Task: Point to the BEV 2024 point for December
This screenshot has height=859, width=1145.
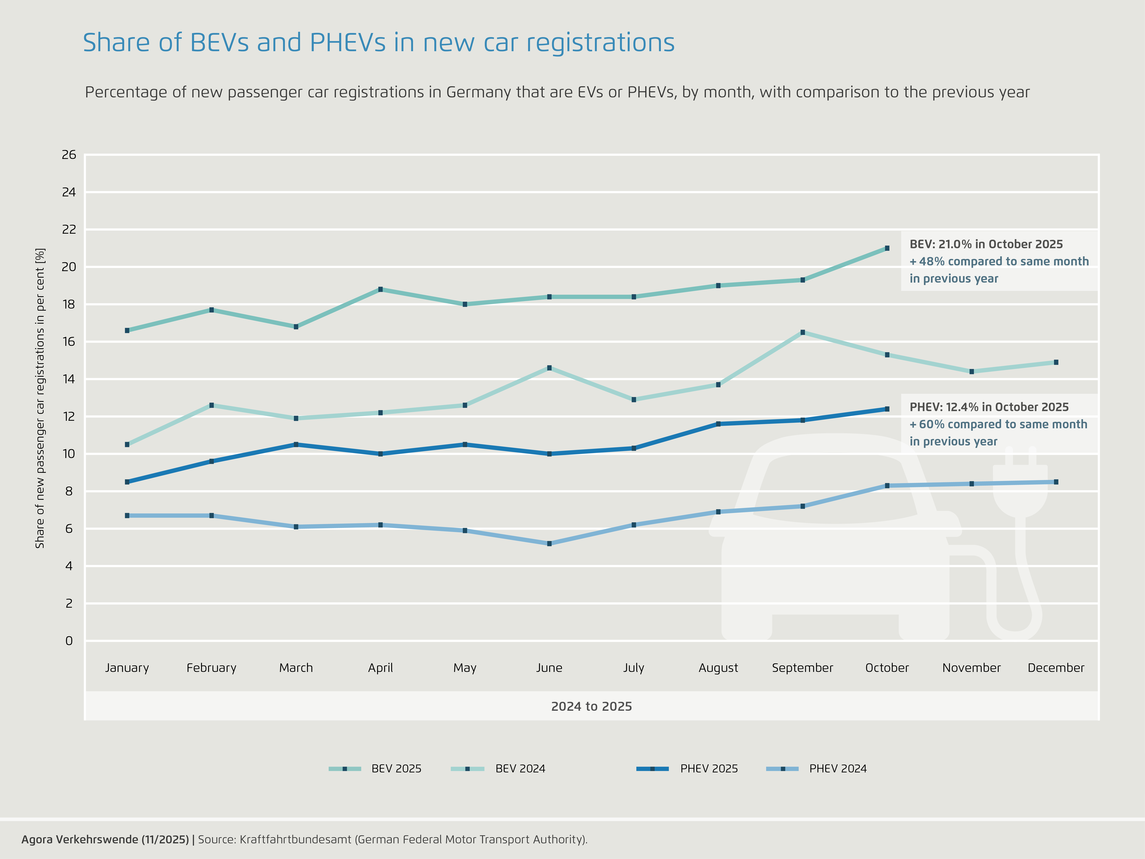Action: [x=1056, y=362]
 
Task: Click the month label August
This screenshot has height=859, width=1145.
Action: [x=718, y=668]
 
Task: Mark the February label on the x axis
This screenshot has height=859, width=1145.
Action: [x=211, y=668]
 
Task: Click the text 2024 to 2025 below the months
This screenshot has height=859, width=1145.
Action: [x=591, y=706]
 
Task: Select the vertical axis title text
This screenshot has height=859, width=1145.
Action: [x=40, y=398]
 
